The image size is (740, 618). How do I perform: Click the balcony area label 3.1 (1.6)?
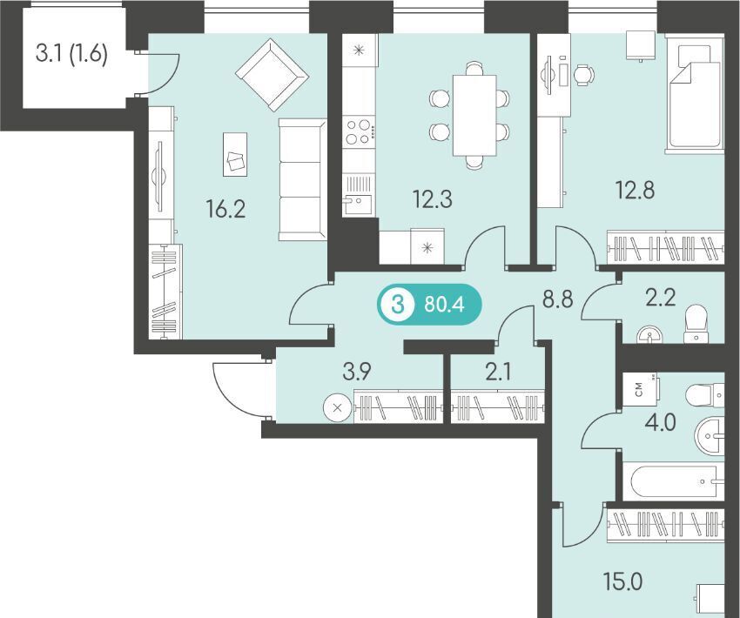pos(71,54)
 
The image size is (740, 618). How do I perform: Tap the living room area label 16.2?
pos(225,209)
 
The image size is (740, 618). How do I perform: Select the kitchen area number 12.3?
pos(433,198)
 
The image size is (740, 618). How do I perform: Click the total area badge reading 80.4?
pos(444,305)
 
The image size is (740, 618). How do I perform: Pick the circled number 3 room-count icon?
pos(397,306)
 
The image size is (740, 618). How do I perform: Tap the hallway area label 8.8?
pos(557,299)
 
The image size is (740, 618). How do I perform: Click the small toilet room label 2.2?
pos(661,299)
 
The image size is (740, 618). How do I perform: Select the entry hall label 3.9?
pos(357,373)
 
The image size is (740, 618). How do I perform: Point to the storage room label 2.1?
pos(498,373)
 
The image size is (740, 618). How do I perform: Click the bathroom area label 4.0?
pos(661,422)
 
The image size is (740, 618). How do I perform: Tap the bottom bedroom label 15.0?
pos(623,581)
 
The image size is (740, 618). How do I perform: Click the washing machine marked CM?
pos(641,389)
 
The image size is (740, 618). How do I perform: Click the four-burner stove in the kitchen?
pos(358,132)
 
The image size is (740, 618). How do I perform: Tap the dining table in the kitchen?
pos(474,115)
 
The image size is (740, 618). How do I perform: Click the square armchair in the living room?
pos(272,75)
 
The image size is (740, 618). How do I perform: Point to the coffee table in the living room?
pos(235,154)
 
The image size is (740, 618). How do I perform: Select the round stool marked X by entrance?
pos(338,408)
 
